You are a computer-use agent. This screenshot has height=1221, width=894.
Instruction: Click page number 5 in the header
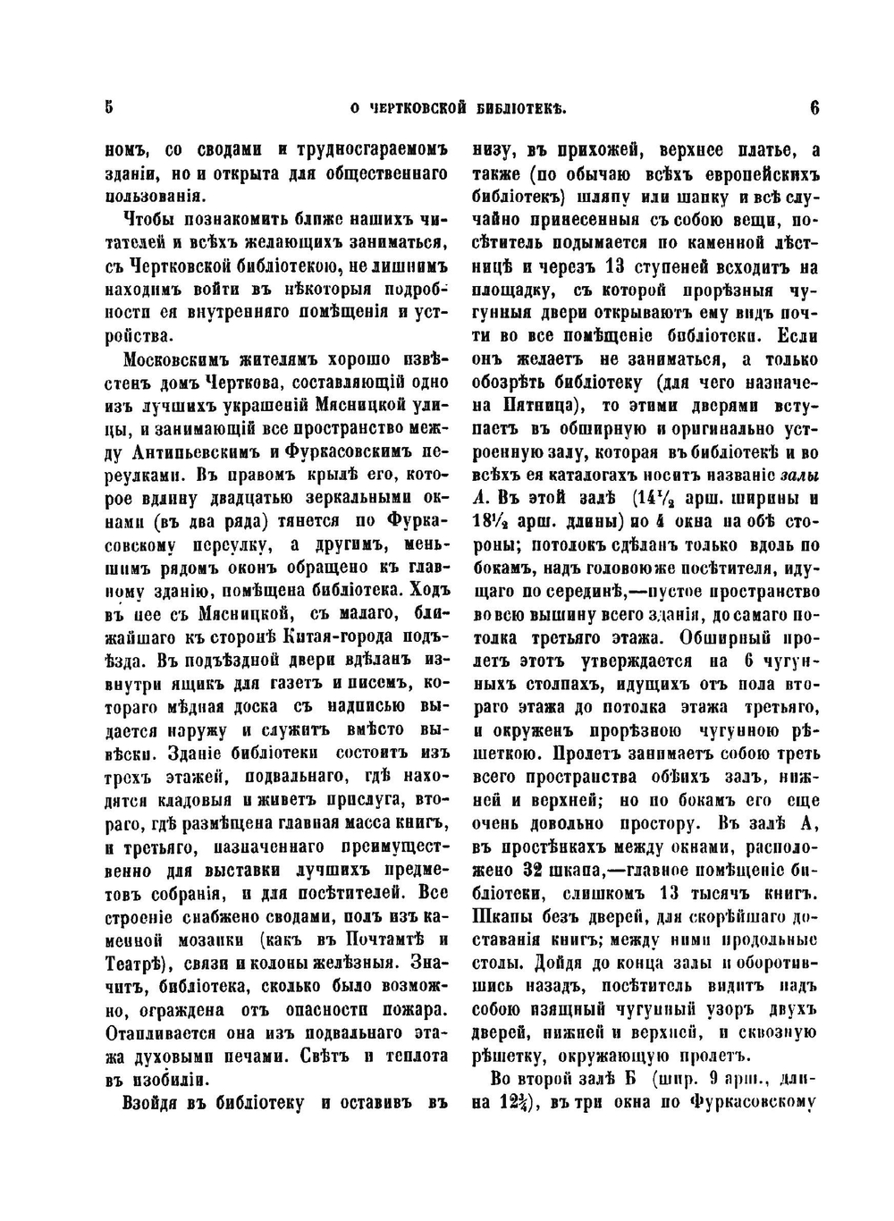pos(108,108)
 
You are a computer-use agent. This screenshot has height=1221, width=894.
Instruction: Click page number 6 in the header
pos(814,108)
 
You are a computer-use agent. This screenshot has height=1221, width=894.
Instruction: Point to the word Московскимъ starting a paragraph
pos(174,360)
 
